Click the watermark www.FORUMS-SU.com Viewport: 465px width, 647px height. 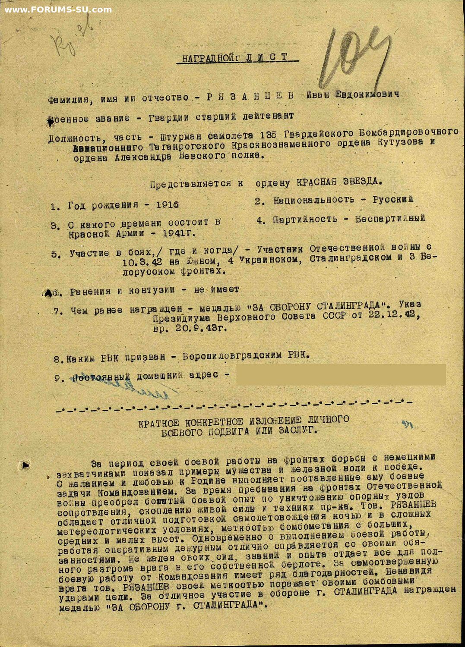58,9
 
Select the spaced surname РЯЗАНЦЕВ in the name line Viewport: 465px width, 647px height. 250,96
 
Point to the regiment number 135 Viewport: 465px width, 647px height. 269,134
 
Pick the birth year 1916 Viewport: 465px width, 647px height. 167,204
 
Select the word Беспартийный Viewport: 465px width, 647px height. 390,218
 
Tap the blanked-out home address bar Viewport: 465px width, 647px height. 341,374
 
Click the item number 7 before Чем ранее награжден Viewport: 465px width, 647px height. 57,311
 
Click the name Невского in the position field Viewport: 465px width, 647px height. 202,156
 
